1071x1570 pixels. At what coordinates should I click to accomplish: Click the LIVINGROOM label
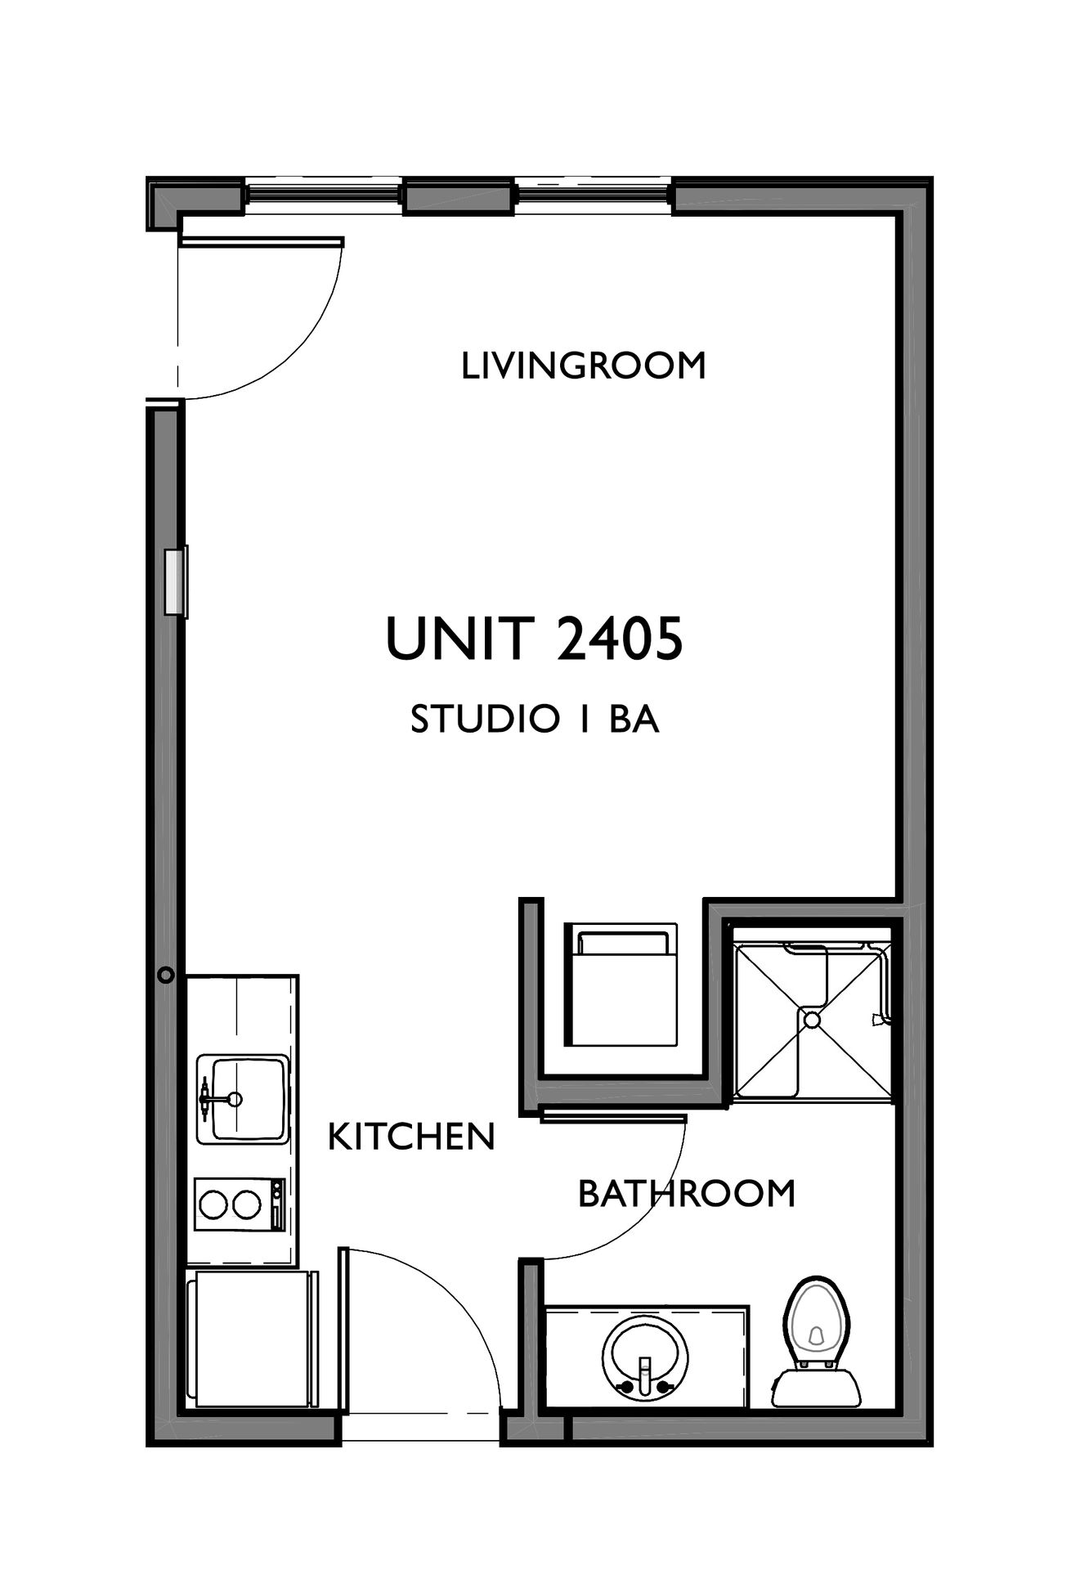point(584,366)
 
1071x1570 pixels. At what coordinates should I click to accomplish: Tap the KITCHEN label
point(411,1137)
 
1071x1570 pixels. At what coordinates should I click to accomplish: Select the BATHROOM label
point(687,1194)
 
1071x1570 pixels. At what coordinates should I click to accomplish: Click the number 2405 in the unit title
point(621,639)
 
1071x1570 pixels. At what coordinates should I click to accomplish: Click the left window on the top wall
point(322,195)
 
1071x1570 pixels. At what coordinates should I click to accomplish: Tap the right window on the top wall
point(594,195)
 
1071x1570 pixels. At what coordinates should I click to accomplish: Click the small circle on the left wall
point(166,975)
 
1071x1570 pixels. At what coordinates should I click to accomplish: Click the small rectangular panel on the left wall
point(176,581)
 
